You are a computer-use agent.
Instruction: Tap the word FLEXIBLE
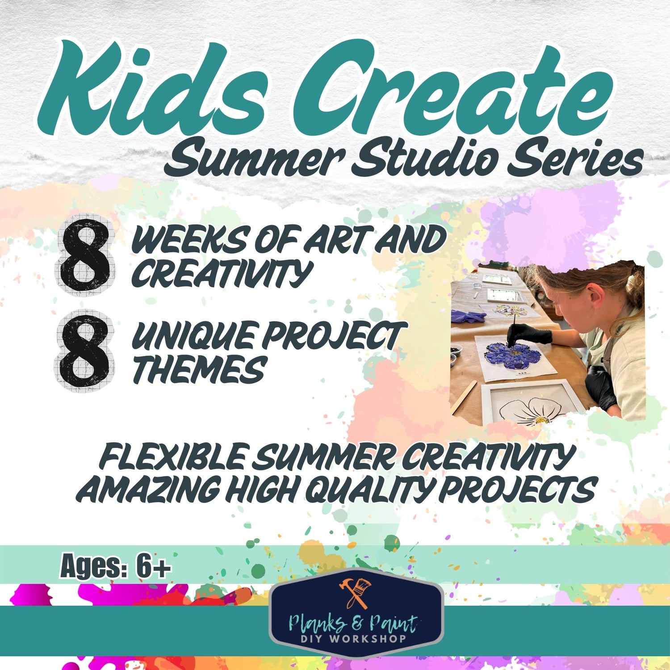point(172,456)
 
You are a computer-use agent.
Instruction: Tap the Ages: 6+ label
point(115,566)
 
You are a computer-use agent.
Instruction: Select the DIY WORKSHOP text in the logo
point(353,638)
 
